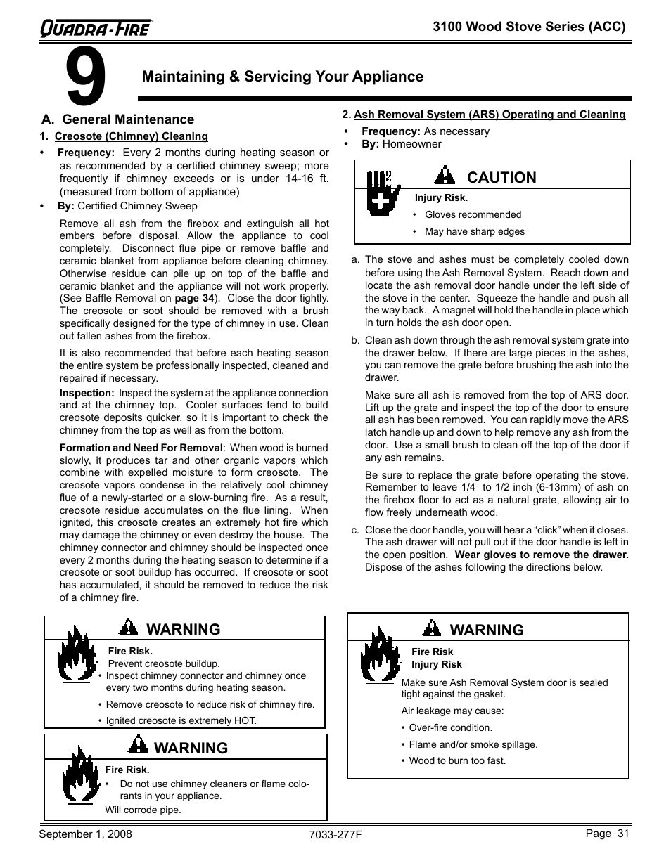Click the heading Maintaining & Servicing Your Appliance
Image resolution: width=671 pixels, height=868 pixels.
tap(282, 77)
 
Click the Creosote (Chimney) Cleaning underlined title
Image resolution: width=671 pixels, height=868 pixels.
tap(131, 136)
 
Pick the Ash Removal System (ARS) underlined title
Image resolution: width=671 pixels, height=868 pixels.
tap(489, 115)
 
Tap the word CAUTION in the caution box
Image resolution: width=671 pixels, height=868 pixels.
tap(501, 177)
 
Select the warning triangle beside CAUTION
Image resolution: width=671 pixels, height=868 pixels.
tap(445, 176)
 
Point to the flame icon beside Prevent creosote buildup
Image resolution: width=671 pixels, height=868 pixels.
tap(77, 655)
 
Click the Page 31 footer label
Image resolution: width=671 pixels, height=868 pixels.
tap(607, 834)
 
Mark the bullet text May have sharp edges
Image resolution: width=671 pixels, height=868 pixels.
tap(475, 231)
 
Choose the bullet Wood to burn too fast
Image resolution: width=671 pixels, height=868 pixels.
tap(457, 760)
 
